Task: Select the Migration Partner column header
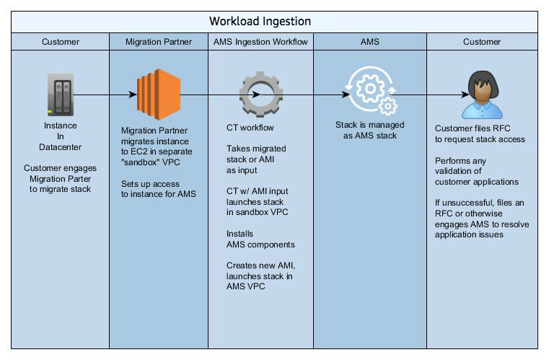point(158,42)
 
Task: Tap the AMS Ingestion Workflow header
point(260,42)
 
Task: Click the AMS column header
point(369,42)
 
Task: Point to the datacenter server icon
point(60,95)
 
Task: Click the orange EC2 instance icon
point(158,95)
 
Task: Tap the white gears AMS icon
point(370,92)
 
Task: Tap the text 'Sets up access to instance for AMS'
point(157,189)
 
